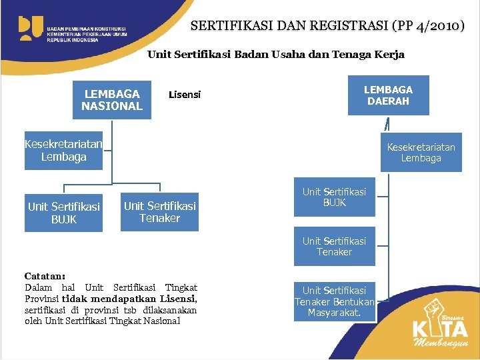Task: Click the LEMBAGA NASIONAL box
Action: click(x=112, y=100)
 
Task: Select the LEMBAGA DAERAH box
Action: click(x=388, y=95)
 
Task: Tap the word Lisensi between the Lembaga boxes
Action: click(x=185, y=95)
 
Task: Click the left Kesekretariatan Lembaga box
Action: click(x=63, y=151)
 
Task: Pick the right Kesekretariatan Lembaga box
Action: click(x=421, y=152)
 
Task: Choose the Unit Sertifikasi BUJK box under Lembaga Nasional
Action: click(x=63, y=213)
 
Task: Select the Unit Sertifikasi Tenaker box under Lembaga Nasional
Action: click(x=159, y=211)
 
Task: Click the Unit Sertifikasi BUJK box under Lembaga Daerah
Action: click(x=334, y=197)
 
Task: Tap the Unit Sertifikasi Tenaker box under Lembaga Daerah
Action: click(x=334, y=247)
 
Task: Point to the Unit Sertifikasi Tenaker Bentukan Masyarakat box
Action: click(x=334, y=301)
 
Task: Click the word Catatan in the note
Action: click(x=44, y=276)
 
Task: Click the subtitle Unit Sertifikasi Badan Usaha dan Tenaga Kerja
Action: click(x=275, y=55)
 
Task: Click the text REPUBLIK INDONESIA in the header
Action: click(x=73, y=40)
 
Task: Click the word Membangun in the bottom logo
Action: click(x=441, y=343)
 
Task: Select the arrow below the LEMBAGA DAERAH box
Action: click(x=387, y=125)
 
